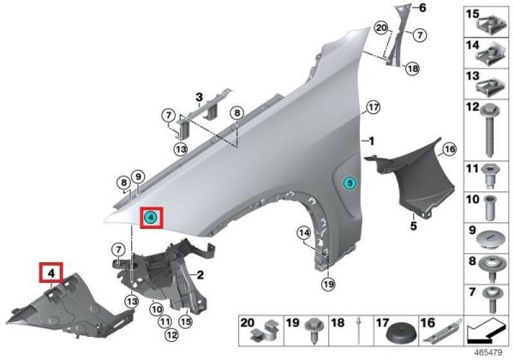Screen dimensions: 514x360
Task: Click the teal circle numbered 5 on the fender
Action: [x=350, y=183]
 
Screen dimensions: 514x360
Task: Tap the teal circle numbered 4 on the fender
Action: [x=151, y=217]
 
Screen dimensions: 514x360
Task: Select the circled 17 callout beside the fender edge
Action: [x=373, y=107]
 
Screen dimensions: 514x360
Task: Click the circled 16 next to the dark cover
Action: [x=450, y=149]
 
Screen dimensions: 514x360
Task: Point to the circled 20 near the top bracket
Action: [x=381, y=28]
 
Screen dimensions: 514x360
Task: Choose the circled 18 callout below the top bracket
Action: [x=412, y=69]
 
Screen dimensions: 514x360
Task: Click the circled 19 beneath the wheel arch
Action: [x=328, y=285]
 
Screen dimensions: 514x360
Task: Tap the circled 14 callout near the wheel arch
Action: [x=304, y=233]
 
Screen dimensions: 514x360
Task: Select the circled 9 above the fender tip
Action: [x=138, y=177]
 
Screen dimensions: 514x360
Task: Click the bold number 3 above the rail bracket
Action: [x=199, y=97]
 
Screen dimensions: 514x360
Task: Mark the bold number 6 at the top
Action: [x=422, y=8]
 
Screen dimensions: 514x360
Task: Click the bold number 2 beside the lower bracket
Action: [x=200, y=275]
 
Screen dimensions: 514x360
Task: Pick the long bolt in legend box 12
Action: [x=489, y=131]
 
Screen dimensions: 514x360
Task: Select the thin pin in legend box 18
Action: [x=359, y=331]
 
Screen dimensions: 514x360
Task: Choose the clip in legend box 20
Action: [x=265, y=331]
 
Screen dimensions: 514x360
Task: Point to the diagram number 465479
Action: [x=488, y=353]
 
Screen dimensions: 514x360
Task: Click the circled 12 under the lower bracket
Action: [x=171, y=335]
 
